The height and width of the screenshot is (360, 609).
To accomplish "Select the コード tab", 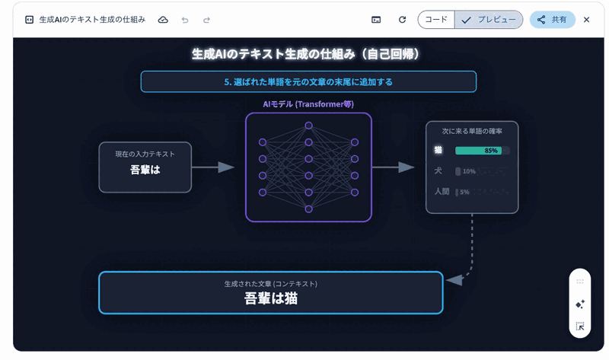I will (436, 20).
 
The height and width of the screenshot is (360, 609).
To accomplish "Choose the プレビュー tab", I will (488, 20).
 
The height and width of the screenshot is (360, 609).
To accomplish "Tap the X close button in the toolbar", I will (586, 20).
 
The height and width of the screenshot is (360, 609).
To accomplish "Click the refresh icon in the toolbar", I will (402, 20).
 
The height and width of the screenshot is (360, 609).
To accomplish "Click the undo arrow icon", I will (185, 20).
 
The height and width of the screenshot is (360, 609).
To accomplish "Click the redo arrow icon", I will (206, 20).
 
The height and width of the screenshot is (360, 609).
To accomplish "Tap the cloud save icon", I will (163, 20).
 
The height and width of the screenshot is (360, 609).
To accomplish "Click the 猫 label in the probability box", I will (438, 151).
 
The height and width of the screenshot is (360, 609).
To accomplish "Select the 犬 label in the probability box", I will (438, 171).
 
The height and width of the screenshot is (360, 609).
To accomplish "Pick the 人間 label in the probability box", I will (442, 192).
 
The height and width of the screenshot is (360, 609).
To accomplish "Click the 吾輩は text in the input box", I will (145, 170).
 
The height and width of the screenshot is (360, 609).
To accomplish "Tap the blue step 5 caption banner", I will (308, 81).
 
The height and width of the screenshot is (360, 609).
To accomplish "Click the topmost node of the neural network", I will (308, 125).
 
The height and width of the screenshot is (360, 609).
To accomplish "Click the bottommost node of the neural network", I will (308, 209).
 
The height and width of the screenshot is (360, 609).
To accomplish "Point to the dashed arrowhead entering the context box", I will (454, 280).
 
